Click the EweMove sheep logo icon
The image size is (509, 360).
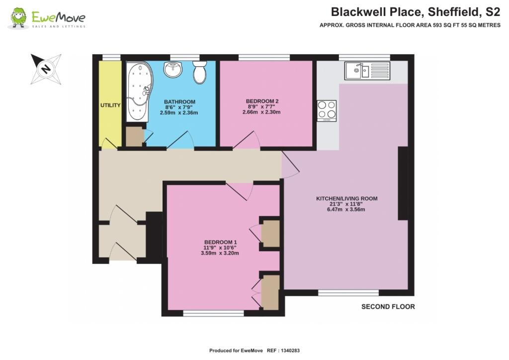[19, 18]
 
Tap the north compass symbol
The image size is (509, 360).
[46, 69]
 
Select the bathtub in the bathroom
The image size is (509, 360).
[137, 92]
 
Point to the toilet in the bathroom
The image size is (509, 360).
[200, 72]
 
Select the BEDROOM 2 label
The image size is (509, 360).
[262, 101]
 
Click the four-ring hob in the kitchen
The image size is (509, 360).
[327, 110]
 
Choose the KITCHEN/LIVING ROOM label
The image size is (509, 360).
[346, 199]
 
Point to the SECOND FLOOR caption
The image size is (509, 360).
[388, 307]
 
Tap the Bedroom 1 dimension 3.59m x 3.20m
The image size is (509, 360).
[218, 253]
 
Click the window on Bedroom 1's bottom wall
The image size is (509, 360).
[213, 314]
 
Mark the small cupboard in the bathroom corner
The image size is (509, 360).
[134, 137]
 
